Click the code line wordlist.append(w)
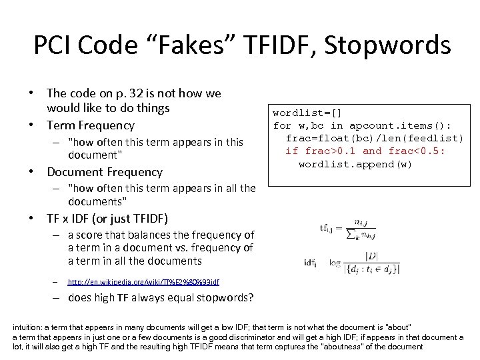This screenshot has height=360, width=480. (355, 164)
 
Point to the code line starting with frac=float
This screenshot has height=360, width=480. (374, 138)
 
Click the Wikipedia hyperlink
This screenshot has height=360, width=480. (143, 283)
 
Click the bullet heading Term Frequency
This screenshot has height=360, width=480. (90, 125)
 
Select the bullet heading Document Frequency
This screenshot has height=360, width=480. (105, 171)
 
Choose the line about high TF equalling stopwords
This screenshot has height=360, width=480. (160, 298)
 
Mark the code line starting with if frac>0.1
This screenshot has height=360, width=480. (365, 151)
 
